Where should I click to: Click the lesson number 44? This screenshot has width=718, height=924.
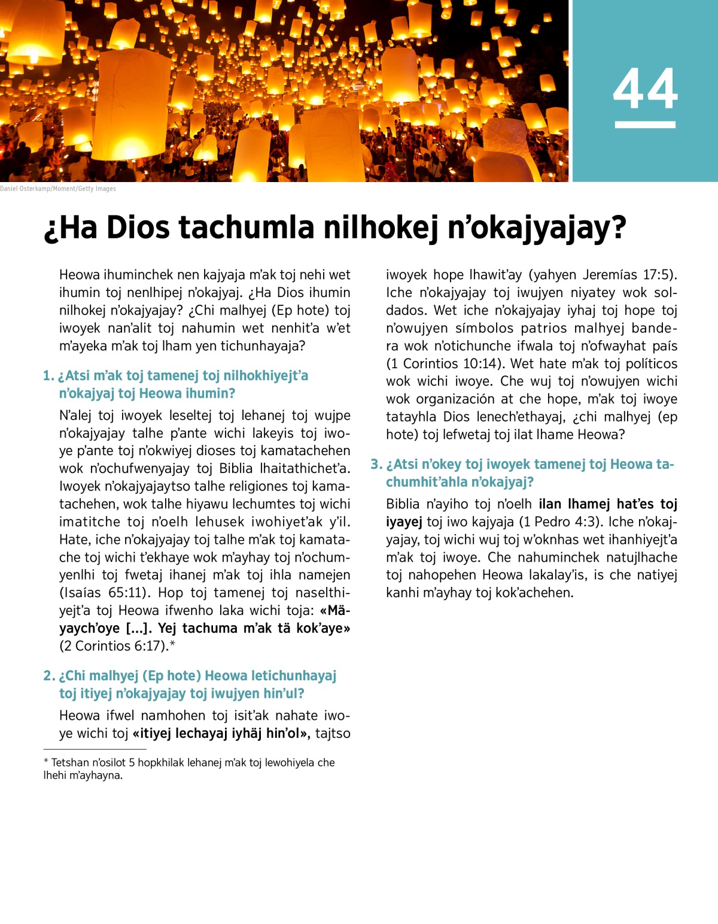pyautogui.click(x=645, y=89)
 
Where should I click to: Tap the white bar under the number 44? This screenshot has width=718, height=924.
pyautogui.click(x=645, y=125)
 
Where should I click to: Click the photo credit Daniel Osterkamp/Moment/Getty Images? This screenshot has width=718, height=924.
pyautogui.click(x=58, y=189)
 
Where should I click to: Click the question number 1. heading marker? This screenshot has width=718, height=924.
pyautogui.click(x=48, y=376)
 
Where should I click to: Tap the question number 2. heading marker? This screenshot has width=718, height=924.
pyautogui.click(x=49, y=676)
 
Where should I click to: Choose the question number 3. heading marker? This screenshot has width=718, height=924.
pyautogui.click(x=376, y=465)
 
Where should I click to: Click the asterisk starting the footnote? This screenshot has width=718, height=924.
pyautogui.click(x=46, y=762)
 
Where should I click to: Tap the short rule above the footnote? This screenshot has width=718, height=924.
pyautogui.click(x=95, y=749)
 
